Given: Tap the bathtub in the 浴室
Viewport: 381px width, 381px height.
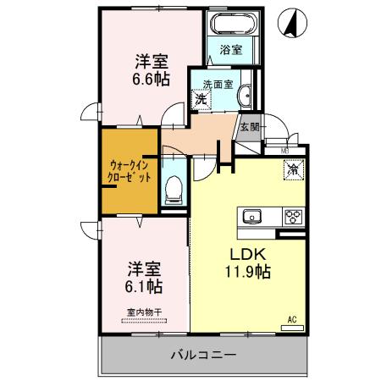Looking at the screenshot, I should pos(231,26).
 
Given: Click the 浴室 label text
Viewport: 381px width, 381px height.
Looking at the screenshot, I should pos(231,49).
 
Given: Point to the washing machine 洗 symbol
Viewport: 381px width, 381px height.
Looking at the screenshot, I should pos(201,100).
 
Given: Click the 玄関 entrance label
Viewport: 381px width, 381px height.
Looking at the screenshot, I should pos(249,128).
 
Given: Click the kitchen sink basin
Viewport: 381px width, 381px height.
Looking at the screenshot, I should pos(253,216).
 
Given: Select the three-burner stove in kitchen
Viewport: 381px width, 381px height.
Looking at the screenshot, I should pos(293,215).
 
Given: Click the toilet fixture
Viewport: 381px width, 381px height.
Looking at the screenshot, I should pos(174,187).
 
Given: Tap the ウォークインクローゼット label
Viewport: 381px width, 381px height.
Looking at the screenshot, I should pos(130,172).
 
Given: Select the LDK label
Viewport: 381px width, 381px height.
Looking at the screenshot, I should pos(246,255).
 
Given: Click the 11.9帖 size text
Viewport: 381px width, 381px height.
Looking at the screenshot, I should pos(246,273).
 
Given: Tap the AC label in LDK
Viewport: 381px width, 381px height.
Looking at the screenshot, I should pos(291,319).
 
